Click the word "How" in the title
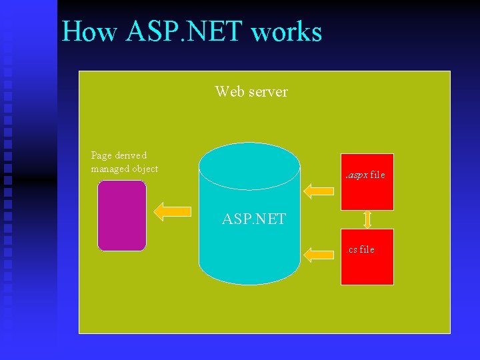(85, 31)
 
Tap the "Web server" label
(251, 91)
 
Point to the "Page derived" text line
(119, 155)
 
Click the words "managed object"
(125, 169)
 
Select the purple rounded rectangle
(121, 215)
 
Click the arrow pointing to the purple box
(172, 211)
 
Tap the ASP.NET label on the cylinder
(254, 219)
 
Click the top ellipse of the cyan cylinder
(249, 166)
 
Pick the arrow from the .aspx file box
(319, 191)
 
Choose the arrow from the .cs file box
(319, 253)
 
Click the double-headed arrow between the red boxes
(367, 219)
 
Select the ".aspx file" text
(365, 175)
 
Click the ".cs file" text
(361, 249)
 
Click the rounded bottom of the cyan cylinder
(249, 275)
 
